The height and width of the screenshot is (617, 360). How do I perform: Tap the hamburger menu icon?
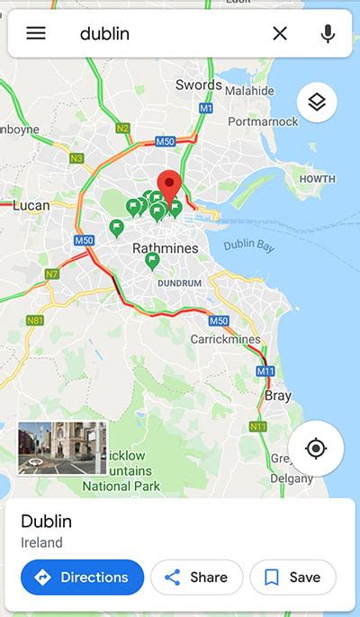(36, 33)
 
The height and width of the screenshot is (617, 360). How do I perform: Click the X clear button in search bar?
(280, 33)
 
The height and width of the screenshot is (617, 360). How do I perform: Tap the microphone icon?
(328, 33)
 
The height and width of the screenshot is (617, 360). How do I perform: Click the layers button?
(317, 103)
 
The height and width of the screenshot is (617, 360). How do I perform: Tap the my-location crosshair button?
(315, 448)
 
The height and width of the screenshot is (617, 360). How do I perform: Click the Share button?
(195, 577)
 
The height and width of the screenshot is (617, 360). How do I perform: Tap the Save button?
(292, 577)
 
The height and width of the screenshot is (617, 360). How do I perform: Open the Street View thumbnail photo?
(62, 448)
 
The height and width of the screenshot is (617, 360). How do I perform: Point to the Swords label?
(199, 85)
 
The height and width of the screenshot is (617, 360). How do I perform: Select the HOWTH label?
(317, 179)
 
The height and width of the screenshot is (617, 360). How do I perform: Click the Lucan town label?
(31, 206)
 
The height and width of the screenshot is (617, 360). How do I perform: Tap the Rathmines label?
(165, 246)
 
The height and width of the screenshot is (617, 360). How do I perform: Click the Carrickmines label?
(225, 339)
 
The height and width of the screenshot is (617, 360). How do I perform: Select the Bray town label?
(278, 395)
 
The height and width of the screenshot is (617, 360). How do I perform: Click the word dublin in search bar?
(104, 33)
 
